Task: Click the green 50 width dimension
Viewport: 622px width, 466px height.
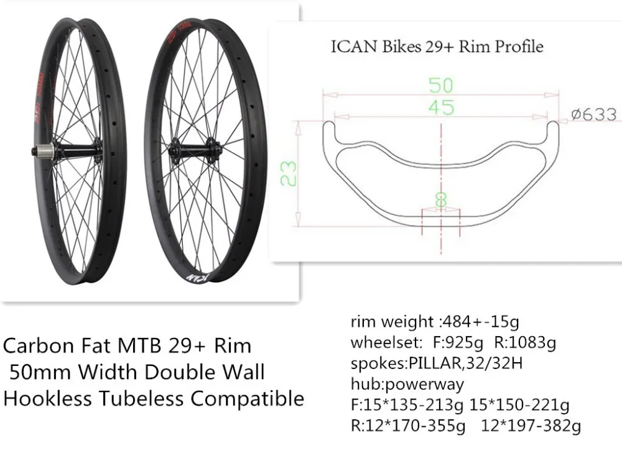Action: tap(441, 85)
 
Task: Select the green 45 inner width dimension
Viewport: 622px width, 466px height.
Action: tap(441, 107)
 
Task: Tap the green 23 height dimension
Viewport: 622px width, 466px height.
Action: tap(289, 173)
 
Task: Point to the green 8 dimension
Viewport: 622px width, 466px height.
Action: tap(441, 199)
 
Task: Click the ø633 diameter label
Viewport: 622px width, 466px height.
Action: tap(594, 114)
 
